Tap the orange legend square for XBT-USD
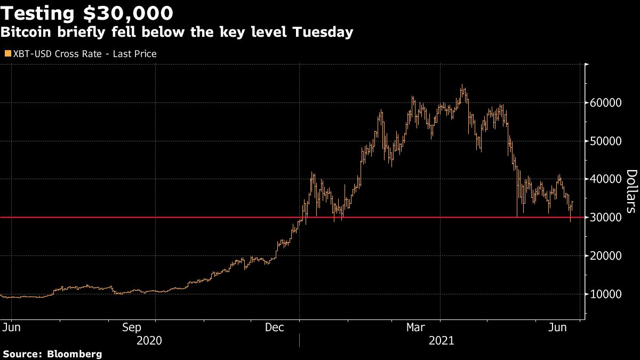[x=7, y=54]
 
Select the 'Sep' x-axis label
[x=131, y=327]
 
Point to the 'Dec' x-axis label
[x=275, y=327]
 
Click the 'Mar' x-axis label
[x=417, y=327]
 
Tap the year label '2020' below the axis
[x=150, y=340]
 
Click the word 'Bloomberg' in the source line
[x=75, y=354]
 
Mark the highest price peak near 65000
[x=462, y=86]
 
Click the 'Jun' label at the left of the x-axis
[x=9, y=327]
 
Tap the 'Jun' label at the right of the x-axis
[x=558, y=327]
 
